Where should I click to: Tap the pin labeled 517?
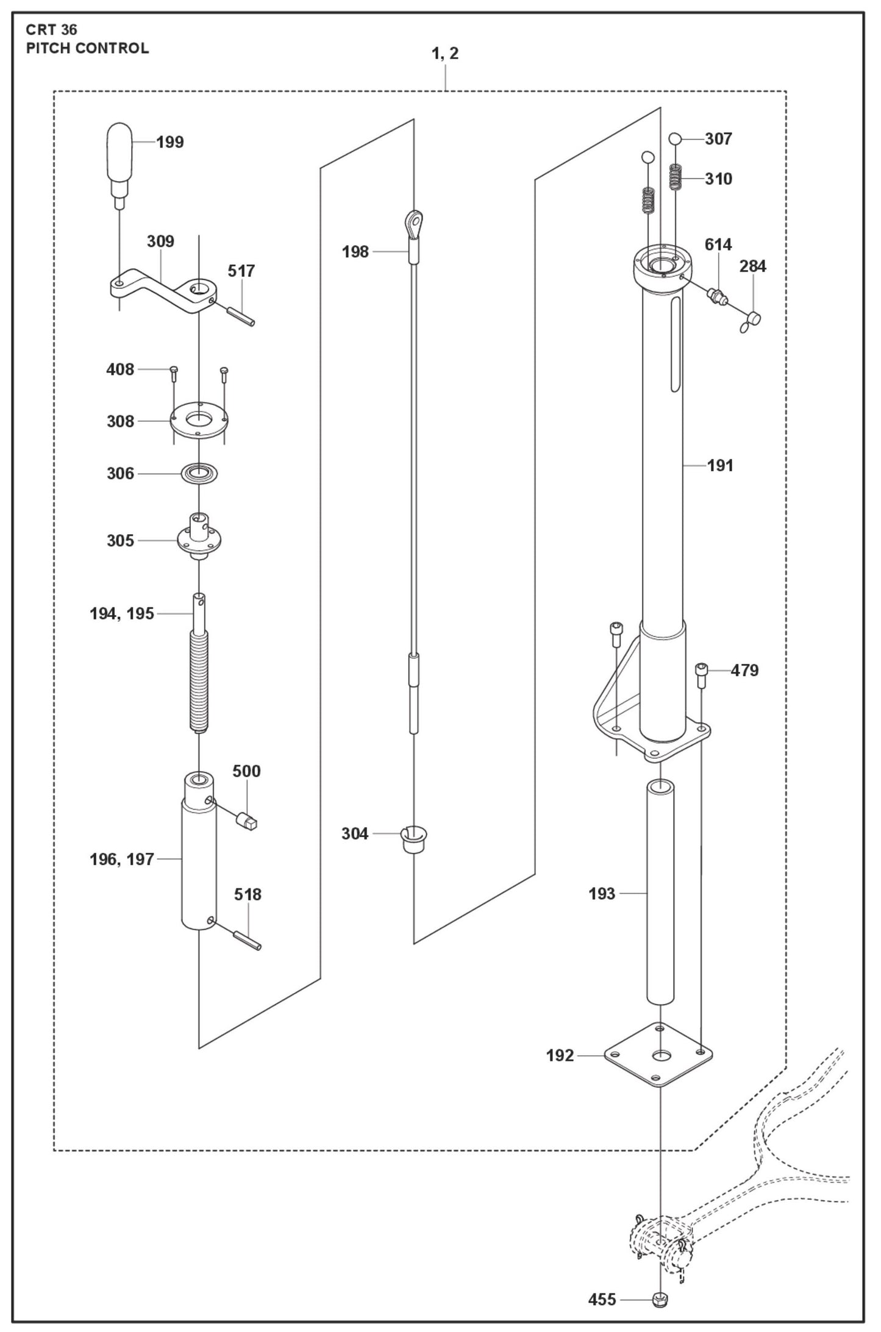point(240,318)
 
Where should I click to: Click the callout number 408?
point(120,369)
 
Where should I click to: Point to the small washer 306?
point(199,473)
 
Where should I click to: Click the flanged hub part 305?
point(199,538)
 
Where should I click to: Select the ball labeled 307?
point(675,139)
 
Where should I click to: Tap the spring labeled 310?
point(675,177)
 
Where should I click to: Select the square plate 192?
point(658,1055)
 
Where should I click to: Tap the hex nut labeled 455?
point(659,1300)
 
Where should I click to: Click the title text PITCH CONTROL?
point(87,48)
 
